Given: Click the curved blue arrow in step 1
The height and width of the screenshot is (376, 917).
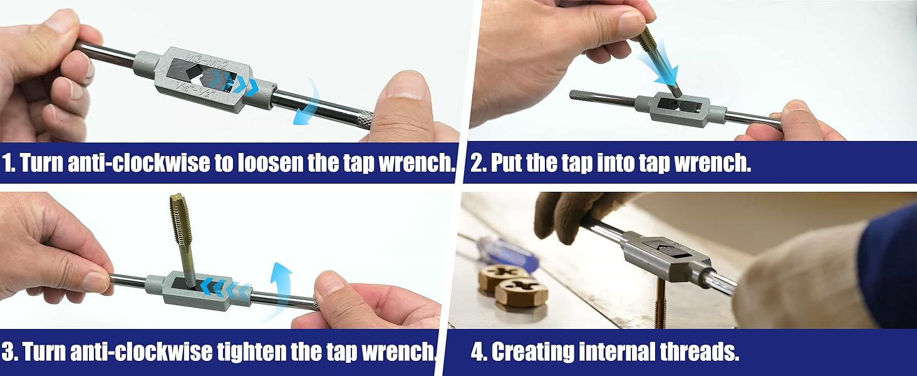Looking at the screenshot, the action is tap(307, 102).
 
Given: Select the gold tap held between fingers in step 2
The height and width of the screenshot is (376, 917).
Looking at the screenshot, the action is tap(657, 61).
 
